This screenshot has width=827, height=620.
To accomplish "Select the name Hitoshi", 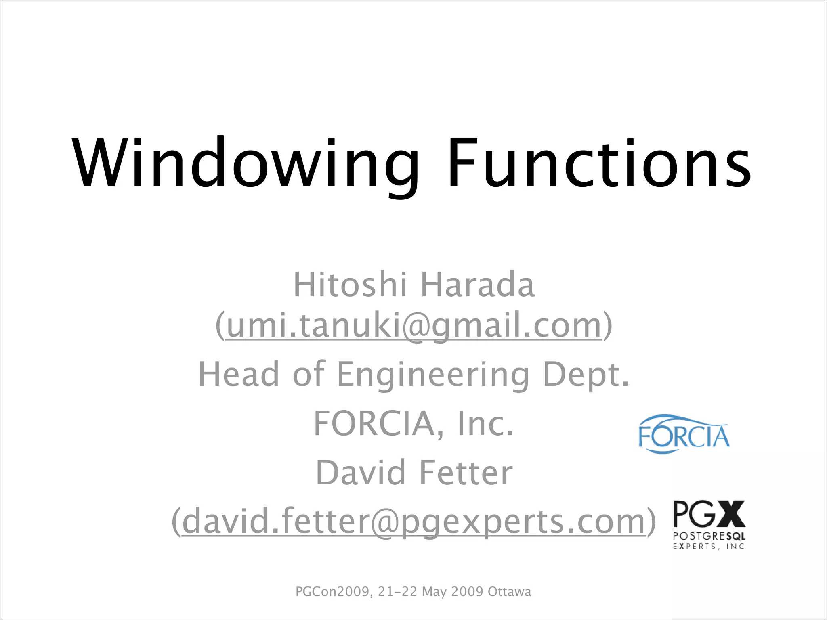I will (x=350, y=285).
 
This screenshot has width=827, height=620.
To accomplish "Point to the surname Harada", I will (x=478, y=285).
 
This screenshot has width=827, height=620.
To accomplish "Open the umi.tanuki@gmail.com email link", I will (x=414, y=326).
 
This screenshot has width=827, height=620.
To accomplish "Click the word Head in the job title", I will (x=239, y=374).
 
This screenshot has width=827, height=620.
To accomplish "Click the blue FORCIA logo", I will (x=684, y=434).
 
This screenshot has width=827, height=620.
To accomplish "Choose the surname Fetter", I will (x=466, y=473).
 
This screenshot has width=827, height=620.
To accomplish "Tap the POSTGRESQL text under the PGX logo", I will (x=709, y=537).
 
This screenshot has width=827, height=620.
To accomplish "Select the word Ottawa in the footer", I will (x=509, y=592).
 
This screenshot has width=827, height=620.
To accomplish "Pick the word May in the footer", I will (x=434, y=592).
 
